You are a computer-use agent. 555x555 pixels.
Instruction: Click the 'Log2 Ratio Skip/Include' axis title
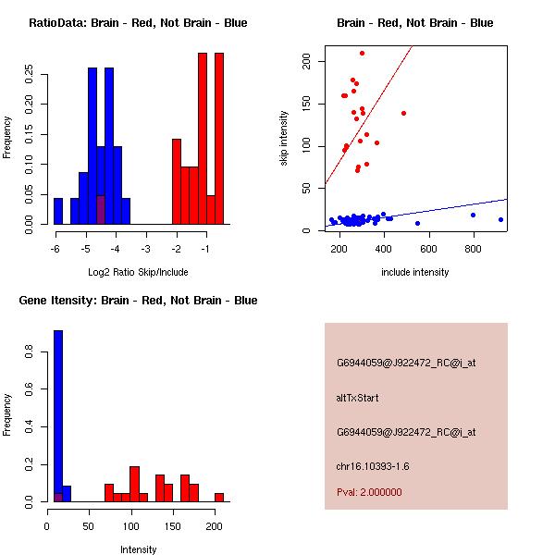tap(138, 272)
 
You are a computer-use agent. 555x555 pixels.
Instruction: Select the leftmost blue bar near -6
tap(58, 211)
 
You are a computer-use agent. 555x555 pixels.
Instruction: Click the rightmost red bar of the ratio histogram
tap(219, 138)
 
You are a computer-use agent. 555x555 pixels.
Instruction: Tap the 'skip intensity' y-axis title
tap(284, 138)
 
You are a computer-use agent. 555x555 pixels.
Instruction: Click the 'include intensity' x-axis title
tap(414, 272)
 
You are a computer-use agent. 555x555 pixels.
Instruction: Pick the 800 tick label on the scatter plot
tap(474, 249)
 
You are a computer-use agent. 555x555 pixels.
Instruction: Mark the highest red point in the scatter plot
tap(362, 53)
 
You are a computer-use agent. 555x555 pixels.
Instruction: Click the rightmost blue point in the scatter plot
tap(500, 219)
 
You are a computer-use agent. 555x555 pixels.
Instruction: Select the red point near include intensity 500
tap(403, 113)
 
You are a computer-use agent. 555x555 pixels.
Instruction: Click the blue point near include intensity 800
tap(473, 215)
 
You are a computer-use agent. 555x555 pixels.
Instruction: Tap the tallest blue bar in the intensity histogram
tap(58, 415)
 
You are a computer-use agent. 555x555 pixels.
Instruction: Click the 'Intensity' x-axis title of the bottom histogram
tap(138, 549)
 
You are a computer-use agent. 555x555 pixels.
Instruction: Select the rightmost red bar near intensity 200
tap(219, 497)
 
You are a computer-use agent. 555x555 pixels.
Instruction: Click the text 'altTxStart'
tap(358, 398)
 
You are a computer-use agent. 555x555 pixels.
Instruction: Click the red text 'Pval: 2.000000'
tap(369, 492)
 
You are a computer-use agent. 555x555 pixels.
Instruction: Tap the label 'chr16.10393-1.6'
tap(372, 466)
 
